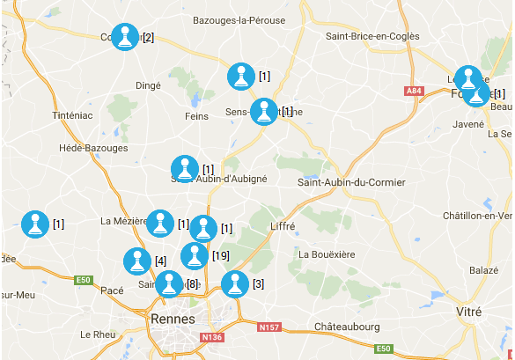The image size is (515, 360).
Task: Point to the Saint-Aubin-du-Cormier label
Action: tap(351, 182)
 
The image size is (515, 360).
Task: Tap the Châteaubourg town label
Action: tap(347, 327)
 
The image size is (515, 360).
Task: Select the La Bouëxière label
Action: tap(327, 254)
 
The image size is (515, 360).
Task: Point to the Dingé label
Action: tap(148, 85)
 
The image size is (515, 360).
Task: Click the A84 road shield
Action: tap(414, 91)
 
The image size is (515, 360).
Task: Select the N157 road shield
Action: tap(269, 328)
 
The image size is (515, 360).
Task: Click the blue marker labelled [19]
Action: tap(195, 255)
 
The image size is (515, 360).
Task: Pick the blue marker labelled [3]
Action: tap(234, 283)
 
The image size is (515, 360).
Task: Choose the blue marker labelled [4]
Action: tap(136, 261)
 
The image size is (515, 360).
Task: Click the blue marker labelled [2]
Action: tap(126, 37)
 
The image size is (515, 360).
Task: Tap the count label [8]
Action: tap(192, 284)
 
